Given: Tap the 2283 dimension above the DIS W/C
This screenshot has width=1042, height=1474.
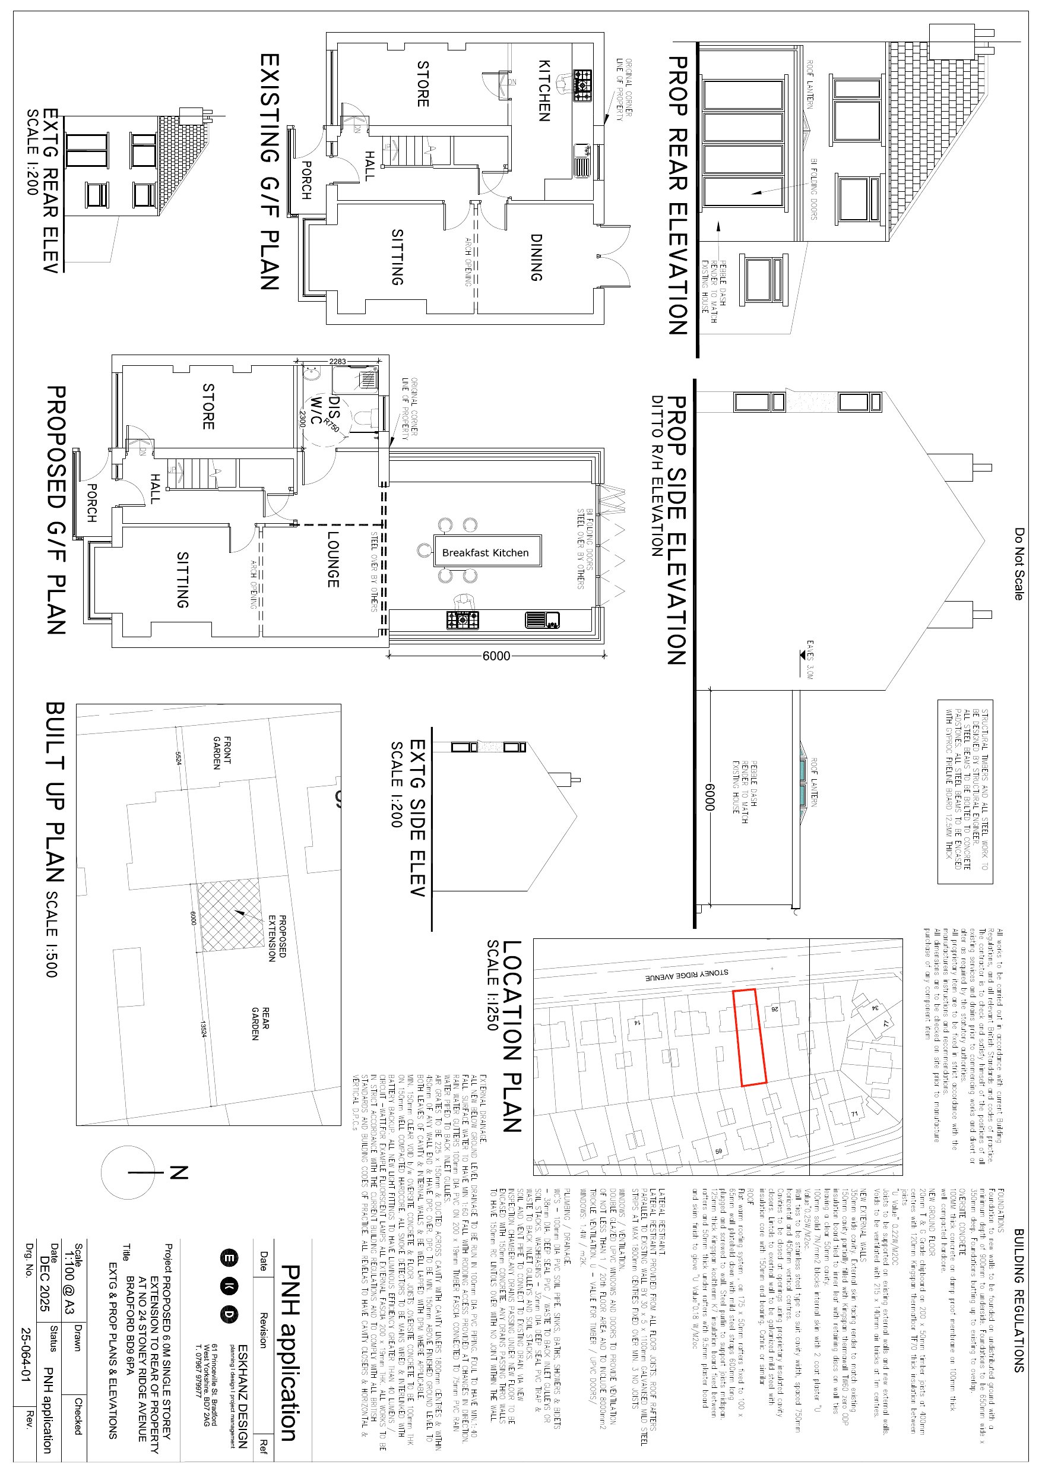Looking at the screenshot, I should [338, 362].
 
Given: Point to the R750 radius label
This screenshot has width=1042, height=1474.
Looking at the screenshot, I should [332, 425].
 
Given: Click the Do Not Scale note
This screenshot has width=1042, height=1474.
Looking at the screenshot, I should [1019, 564].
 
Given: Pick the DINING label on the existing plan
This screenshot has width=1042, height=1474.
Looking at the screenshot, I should [536, 257].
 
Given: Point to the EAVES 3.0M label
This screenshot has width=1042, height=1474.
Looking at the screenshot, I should [810, 659].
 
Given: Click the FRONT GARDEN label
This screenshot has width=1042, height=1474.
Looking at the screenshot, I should [221, 752].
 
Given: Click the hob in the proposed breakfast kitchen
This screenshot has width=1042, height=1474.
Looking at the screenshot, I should [463, 620].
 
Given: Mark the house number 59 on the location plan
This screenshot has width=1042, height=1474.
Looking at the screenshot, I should [718, 1151].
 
